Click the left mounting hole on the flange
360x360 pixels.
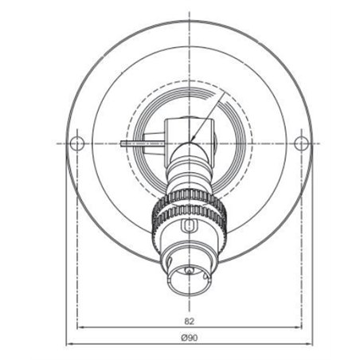[77, 143]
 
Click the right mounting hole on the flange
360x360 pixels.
[301, 143]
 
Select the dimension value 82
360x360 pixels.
[190, 321]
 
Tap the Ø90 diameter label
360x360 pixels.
[190, 338]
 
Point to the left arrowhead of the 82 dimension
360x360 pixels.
[80, 327]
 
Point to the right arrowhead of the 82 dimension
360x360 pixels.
[299, 327]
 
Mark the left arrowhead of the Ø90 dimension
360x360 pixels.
[69, 344]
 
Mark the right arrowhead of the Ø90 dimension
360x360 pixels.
[309, 344]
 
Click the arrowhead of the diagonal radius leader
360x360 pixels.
[193, 139]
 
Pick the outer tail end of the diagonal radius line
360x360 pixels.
[225, 92]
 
